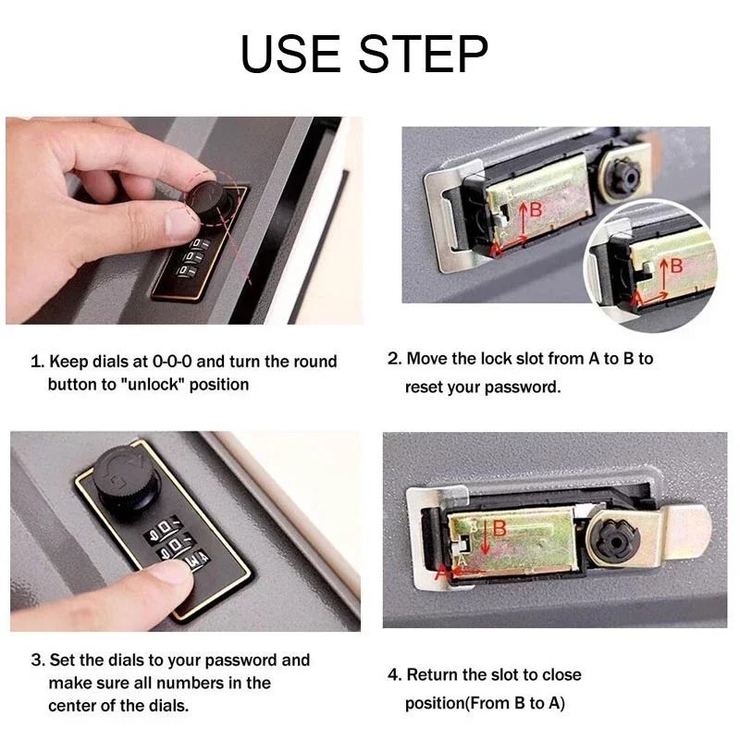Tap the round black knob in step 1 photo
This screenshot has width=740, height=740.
pos(210,198)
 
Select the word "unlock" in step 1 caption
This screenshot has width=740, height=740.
pos(148,384)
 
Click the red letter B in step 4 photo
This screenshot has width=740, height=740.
pos(499,528)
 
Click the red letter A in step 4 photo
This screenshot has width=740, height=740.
pos(441,573)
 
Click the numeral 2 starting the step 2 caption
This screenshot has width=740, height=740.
pos(392,358)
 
